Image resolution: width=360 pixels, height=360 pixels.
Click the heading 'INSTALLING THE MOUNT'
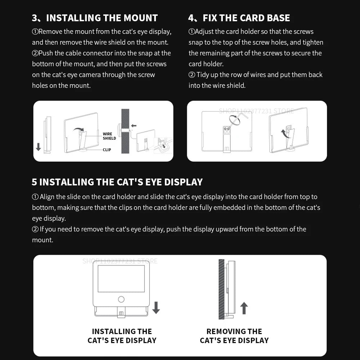[102, 18]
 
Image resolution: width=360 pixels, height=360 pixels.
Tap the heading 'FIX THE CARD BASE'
[246, 18]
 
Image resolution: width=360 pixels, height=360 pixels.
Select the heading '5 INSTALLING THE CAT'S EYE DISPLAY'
[117, 182]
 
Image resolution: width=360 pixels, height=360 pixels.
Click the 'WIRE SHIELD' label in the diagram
[109, 136]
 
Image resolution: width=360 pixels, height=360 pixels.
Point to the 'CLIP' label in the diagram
[107, 150]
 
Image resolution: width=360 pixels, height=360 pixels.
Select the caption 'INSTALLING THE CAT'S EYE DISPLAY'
[122, 336]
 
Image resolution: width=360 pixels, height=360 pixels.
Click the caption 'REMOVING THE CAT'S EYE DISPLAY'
[234, 336]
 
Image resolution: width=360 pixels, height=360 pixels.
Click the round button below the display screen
[121, 299]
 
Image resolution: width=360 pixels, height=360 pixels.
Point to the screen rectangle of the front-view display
[121, 278]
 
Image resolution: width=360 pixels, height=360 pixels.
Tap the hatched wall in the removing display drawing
[221, 289]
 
